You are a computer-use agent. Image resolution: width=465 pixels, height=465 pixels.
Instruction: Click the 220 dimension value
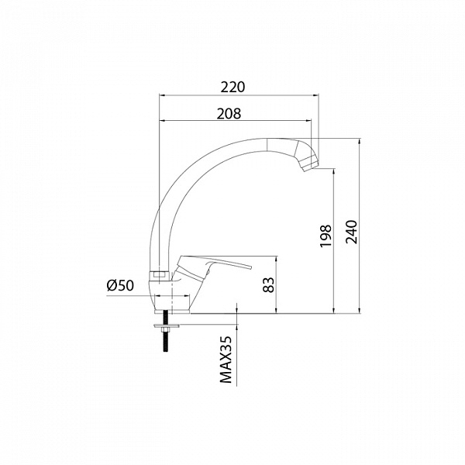coord(232,87)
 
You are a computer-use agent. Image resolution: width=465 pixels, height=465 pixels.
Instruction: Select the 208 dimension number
coord(229,113)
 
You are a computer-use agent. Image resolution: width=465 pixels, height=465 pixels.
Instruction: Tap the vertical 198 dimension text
coord(325,236)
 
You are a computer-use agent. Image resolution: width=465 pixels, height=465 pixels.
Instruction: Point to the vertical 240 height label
coord(352,232)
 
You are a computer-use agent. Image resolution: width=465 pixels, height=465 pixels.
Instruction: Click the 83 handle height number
coord(270,284)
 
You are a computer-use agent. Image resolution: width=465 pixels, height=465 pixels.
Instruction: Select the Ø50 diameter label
coord(120,285)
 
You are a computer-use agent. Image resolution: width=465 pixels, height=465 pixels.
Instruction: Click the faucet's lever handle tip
coord(251,267)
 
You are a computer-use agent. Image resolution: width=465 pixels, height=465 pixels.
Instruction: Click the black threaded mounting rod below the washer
coord(165,341)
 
